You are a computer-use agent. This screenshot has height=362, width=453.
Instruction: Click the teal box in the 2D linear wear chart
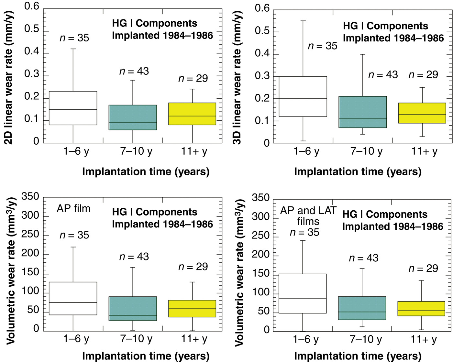click(133, 117)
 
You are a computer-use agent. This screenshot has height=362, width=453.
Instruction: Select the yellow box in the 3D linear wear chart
click(422, 113)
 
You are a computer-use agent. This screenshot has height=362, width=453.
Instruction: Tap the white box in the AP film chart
click(73, 298)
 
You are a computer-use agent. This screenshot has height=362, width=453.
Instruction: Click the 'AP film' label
click(73, 209)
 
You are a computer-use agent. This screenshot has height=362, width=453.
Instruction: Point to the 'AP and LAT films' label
click(308, 216)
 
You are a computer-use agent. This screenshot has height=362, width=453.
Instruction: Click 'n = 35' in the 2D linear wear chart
click(74, 38)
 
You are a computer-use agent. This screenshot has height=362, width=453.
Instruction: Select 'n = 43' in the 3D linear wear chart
click(383, 75)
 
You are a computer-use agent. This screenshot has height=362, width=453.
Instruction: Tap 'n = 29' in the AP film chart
click(193, 267)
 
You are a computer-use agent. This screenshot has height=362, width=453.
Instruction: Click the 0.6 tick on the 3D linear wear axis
click(262, 8)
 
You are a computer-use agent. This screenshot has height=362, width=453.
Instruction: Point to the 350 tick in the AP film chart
click(30, 196)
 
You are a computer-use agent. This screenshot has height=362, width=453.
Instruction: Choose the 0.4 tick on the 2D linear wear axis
click(32, 51)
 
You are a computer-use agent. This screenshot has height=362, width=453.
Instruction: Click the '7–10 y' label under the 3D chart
click(366, 151)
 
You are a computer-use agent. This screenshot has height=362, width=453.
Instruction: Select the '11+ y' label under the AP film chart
click(194, 339)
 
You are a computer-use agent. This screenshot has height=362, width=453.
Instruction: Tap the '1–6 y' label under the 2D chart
click(76, 151)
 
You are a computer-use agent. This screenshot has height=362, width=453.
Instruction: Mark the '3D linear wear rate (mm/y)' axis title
click(238, 78)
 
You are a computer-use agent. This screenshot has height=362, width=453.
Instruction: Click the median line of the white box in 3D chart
click(303, 98)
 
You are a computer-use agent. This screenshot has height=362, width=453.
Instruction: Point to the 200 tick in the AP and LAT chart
click(260, 255)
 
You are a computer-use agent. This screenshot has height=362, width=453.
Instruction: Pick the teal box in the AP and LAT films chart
click(362, 308)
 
